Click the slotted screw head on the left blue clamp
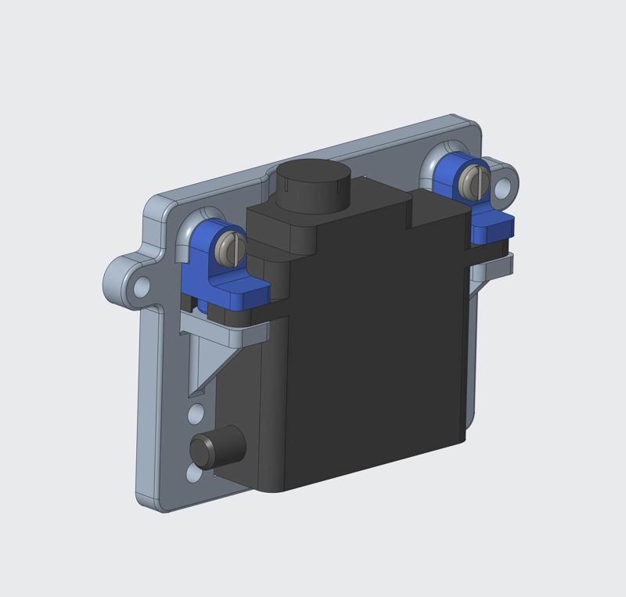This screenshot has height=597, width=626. tap(229, 249)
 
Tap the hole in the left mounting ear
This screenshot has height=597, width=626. tap(141, 287)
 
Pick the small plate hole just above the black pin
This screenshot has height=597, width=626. tap(197, 412)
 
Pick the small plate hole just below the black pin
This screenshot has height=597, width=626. tap(193, 474)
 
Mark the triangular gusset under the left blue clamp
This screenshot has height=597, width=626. tap(205, 361)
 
